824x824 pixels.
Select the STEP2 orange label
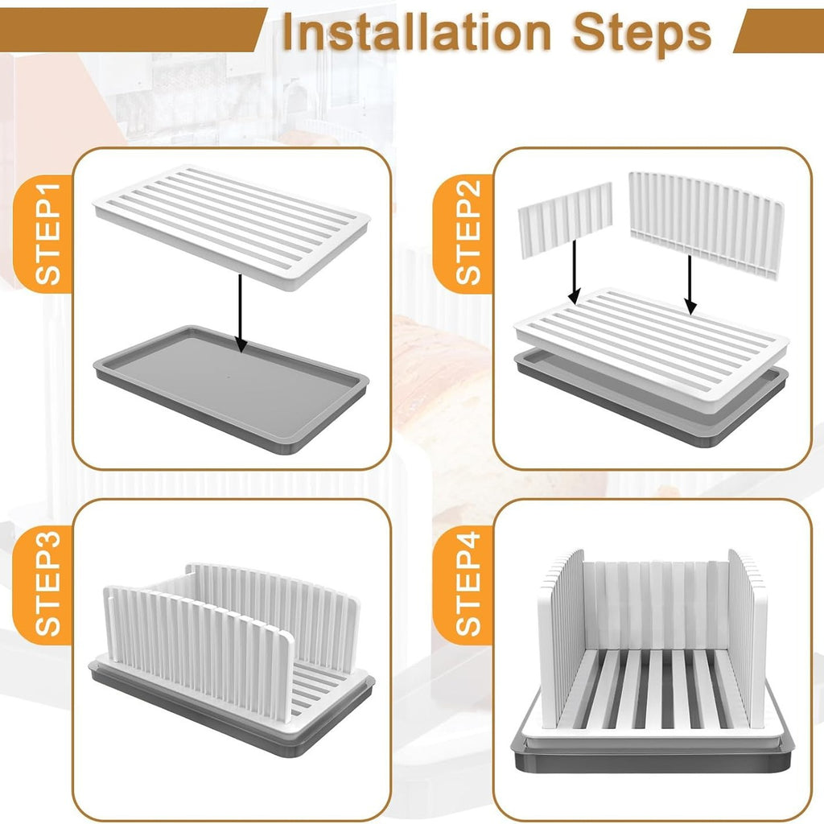467,233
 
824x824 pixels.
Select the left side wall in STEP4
561,636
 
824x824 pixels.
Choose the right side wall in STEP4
748,628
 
